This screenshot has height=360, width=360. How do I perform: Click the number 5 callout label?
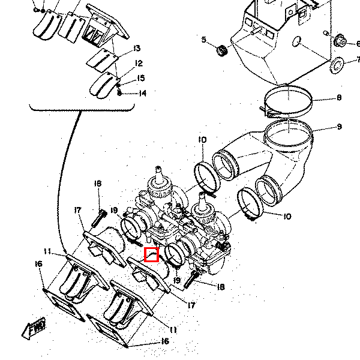203,40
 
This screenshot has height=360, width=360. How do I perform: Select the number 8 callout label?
339,98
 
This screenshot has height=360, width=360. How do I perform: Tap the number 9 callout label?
339,127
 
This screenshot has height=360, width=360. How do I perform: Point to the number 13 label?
137,48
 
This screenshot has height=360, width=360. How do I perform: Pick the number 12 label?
139,63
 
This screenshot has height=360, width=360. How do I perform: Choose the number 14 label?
143,93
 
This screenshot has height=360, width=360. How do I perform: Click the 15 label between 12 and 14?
141,78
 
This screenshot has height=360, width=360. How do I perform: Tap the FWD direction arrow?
34,328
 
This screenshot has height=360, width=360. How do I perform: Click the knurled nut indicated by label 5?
222,51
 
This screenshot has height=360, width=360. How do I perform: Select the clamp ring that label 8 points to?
288,101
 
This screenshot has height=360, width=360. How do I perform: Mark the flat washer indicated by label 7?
337,65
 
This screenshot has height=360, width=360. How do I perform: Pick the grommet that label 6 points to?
340,41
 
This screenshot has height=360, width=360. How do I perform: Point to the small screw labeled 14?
119,93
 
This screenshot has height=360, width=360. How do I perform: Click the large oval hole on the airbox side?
296,41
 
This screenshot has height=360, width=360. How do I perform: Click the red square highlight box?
152,254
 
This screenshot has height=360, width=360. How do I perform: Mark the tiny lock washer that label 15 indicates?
118,85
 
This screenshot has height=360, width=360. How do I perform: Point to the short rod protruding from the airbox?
256,31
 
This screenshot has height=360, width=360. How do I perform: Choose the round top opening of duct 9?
289,133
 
